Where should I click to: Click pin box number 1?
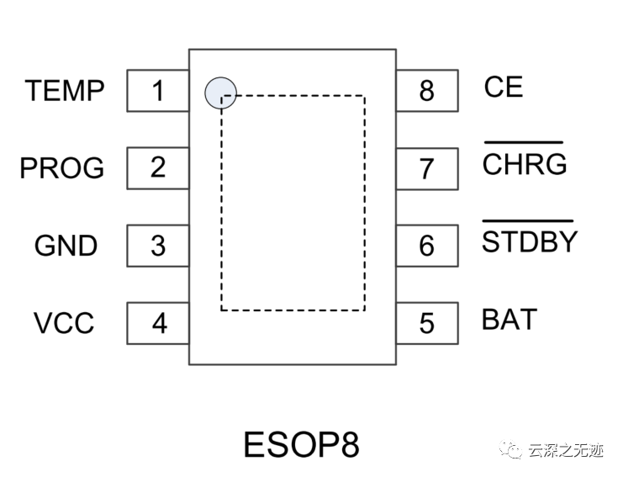[x=158, y=90]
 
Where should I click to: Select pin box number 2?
[x=158, y=167]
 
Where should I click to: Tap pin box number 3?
[x=158, y=246]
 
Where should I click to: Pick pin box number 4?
[x=158, y=323]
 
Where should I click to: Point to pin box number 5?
[x=427, y=323]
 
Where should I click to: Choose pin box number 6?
[x=427, y=246]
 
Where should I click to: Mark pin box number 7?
[x=427, y=168]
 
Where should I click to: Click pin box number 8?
[x=427, y=90]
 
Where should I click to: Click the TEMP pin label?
[x=65, y=90]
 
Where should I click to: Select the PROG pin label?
[x=62, y=168]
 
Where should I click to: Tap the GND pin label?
[x=66, y=246]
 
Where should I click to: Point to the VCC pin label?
[x=64, y=323]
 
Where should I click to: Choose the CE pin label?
[x=503, y=87]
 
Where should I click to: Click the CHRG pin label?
[x=524, y=164]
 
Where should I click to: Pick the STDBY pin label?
[x=530, y=241]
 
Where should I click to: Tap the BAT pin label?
[x=509, y=320]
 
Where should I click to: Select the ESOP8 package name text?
[x=301, y=445]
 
